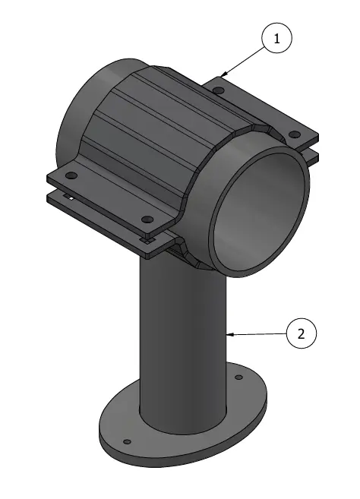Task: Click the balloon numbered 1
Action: pyautogui.click(x=276, y=39)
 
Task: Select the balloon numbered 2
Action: pyautogui.click(x=301, y=333)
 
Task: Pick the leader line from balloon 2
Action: pyautogui.click(x=258, y=333)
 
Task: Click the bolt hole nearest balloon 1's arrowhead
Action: pyautogui.click(x=219, y=91)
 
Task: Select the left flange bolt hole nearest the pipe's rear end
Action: pyautogui.click(x=72, y=175)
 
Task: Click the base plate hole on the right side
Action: pyautogui.click(x=238, y=377)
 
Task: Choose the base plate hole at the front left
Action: pyautogui.click(x=127, y=441)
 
